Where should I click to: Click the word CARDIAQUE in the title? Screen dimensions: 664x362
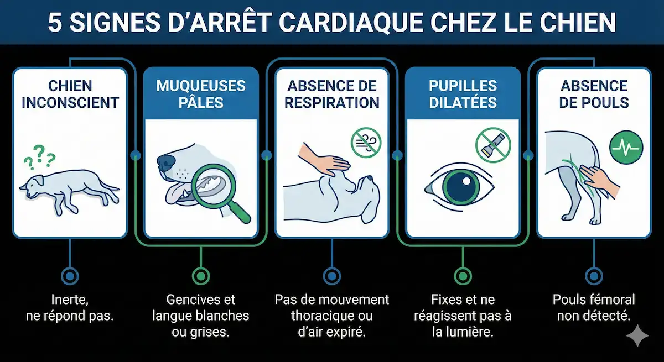(351, 23)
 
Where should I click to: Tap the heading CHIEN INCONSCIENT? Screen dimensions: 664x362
(70, 94)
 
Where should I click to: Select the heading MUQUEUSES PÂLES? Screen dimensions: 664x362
(201, 94)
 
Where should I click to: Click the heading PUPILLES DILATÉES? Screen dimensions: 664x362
(463, 94)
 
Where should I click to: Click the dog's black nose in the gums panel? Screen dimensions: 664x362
(166, 161)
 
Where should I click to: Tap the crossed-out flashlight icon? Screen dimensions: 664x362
(493, 145)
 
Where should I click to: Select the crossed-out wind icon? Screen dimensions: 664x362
(366, 143)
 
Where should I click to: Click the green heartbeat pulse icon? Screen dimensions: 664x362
(626, 148)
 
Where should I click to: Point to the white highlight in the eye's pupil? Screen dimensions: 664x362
(466, 181)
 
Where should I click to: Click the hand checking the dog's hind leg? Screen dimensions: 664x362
(599, 181)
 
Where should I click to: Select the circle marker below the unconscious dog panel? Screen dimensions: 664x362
(70, 276)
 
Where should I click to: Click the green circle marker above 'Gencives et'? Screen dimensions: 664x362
(201, 276)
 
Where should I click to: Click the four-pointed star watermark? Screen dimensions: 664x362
(637, 335)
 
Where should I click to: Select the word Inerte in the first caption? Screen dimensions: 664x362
(70, 300)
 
